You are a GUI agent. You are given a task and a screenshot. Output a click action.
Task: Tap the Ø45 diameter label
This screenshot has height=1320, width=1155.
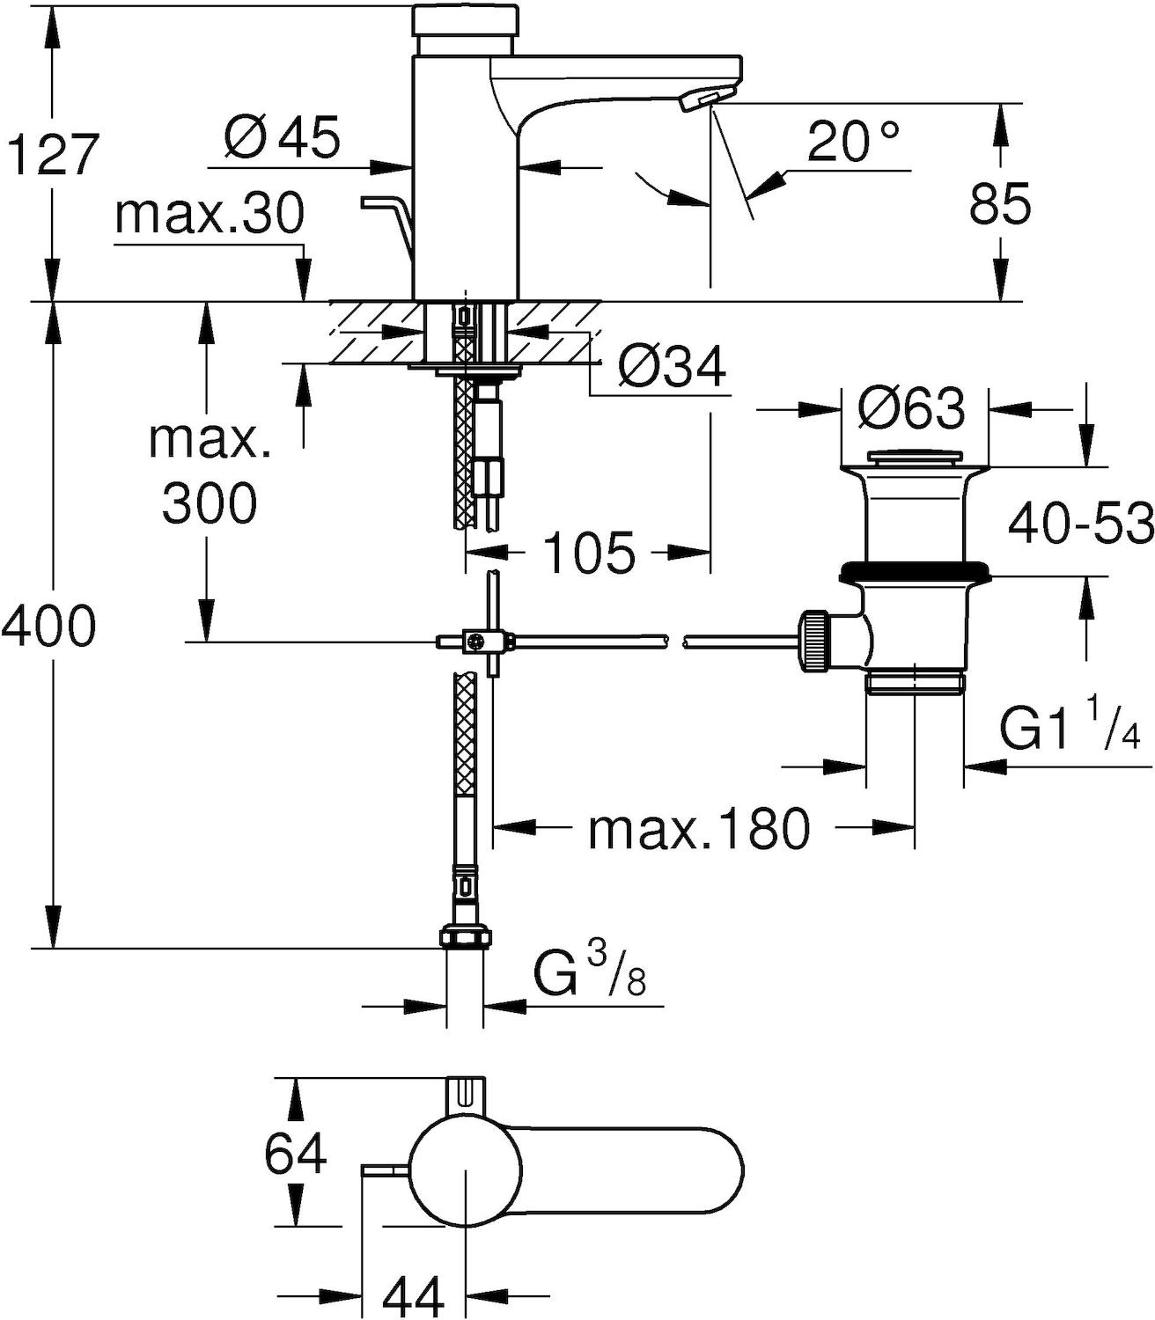[x=282, y=138]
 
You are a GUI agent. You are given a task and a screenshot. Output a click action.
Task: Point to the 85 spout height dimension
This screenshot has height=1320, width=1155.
[x=1001, y=204]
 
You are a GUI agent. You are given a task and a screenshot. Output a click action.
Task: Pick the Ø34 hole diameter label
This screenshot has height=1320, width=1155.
[x=672, y=369]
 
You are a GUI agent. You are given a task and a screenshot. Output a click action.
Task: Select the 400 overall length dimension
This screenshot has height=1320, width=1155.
[x=49, y=627]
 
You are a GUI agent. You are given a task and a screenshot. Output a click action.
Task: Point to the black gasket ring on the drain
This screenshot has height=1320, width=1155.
[x=915, y=572]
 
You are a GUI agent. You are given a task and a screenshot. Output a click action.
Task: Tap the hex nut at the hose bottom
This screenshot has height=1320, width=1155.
[x=464, y=937]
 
